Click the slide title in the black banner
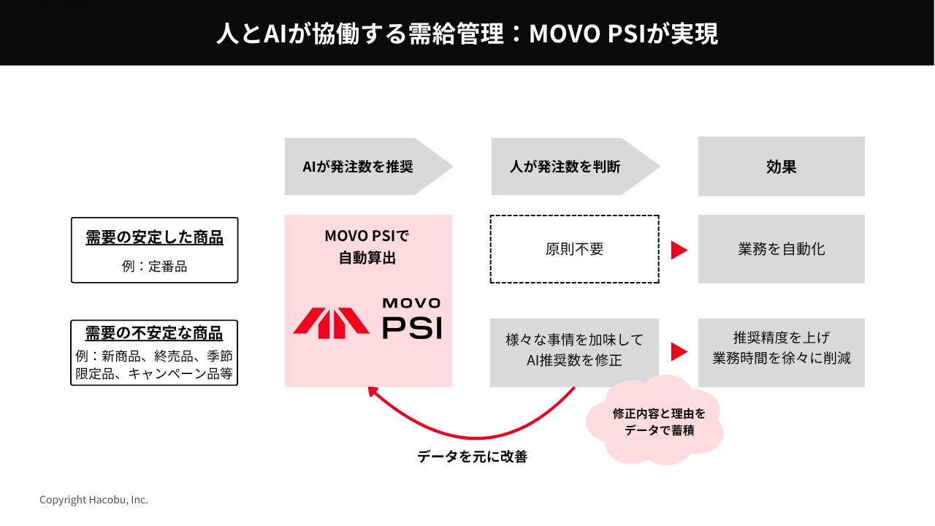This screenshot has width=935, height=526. [467, 34]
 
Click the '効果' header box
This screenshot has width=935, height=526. [782, 167]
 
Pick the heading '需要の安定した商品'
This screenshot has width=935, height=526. [154, 237]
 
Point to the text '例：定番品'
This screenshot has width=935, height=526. [154, 267]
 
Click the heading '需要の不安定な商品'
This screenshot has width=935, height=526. [154, 333]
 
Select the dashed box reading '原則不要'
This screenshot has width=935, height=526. [575, 249]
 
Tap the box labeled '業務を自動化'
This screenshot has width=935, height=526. [782, 249]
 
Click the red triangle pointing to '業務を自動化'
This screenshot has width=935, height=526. [679, 250]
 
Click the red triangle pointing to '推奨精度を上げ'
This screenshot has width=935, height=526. [679, 351]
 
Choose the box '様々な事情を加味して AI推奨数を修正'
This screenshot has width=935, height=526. [574, 353]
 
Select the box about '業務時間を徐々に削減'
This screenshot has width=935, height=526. [782, 353]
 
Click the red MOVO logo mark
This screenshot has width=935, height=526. [331, 323]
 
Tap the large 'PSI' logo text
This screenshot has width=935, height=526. [412, 328]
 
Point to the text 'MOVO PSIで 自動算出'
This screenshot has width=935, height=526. [367, 247]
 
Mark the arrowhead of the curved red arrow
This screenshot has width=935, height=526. [372, 392]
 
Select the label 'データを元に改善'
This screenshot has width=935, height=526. [472, 457]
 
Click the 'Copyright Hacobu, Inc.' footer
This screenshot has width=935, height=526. [94, 500]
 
